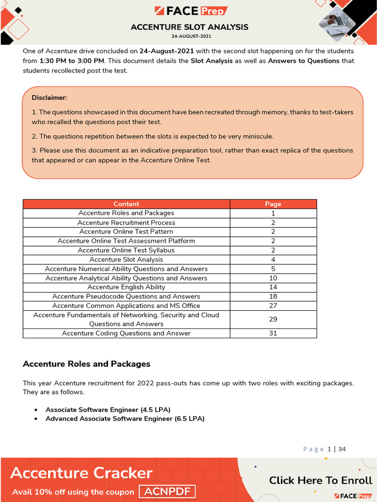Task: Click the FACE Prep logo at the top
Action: click(191, 11)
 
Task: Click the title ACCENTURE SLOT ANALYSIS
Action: click(189, 27)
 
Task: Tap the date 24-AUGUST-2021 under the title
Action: click(189, 36)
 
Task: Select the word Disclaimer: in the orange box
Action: click(49, 98)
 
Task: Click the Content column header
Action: click(126, 204)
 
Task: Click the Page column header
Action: click(273, 204)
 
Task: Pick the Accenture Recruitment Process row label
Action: click(126, 223)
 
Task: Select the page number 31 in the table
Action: click(273, 333)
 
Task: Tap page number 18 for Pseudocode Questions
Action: click(273, 297)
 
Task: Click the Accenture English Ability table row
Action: click(126, 287)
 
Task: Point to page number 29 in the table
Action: click(273, 319)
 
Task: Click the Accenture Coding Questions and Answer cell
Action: click(126, 333)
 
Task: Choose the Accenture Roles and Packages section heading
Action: click(86, 364)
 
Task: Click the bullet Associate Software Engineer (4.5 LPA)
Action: click(108, 409)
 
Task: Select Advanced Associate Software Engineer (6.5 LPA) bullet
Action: click(125, 419)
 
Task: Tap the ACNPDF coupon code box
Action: click(167, 492)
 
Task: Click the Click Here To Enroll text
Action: click(321, 480)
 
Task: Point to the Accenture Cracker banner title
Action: click(81, 473)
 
